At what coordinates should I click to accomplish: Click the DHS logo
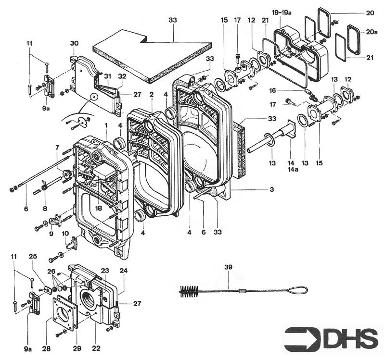click(x=332, y=338)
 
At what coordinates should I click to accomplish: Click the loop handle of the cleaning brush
click(x=299, y=290)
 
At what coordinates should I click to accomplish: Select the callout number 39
click(x=228, y=267)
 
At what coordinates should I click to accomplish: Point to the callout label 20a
click(x=372, y=31)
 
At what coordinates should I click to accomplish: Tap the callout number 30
click(x=74, y=43)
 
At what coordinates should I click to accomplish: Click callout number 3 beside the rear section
click(x=272, y=190)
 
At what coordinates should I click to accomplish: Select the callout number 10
click(x=65, y=233)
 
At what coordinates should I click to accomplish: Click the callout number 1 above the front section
click(x=105, y=125)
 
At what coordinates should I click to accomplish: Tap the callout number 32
click(x=122, y=76)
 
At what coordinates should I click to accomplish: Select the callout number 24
click(x=124, y=271)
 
